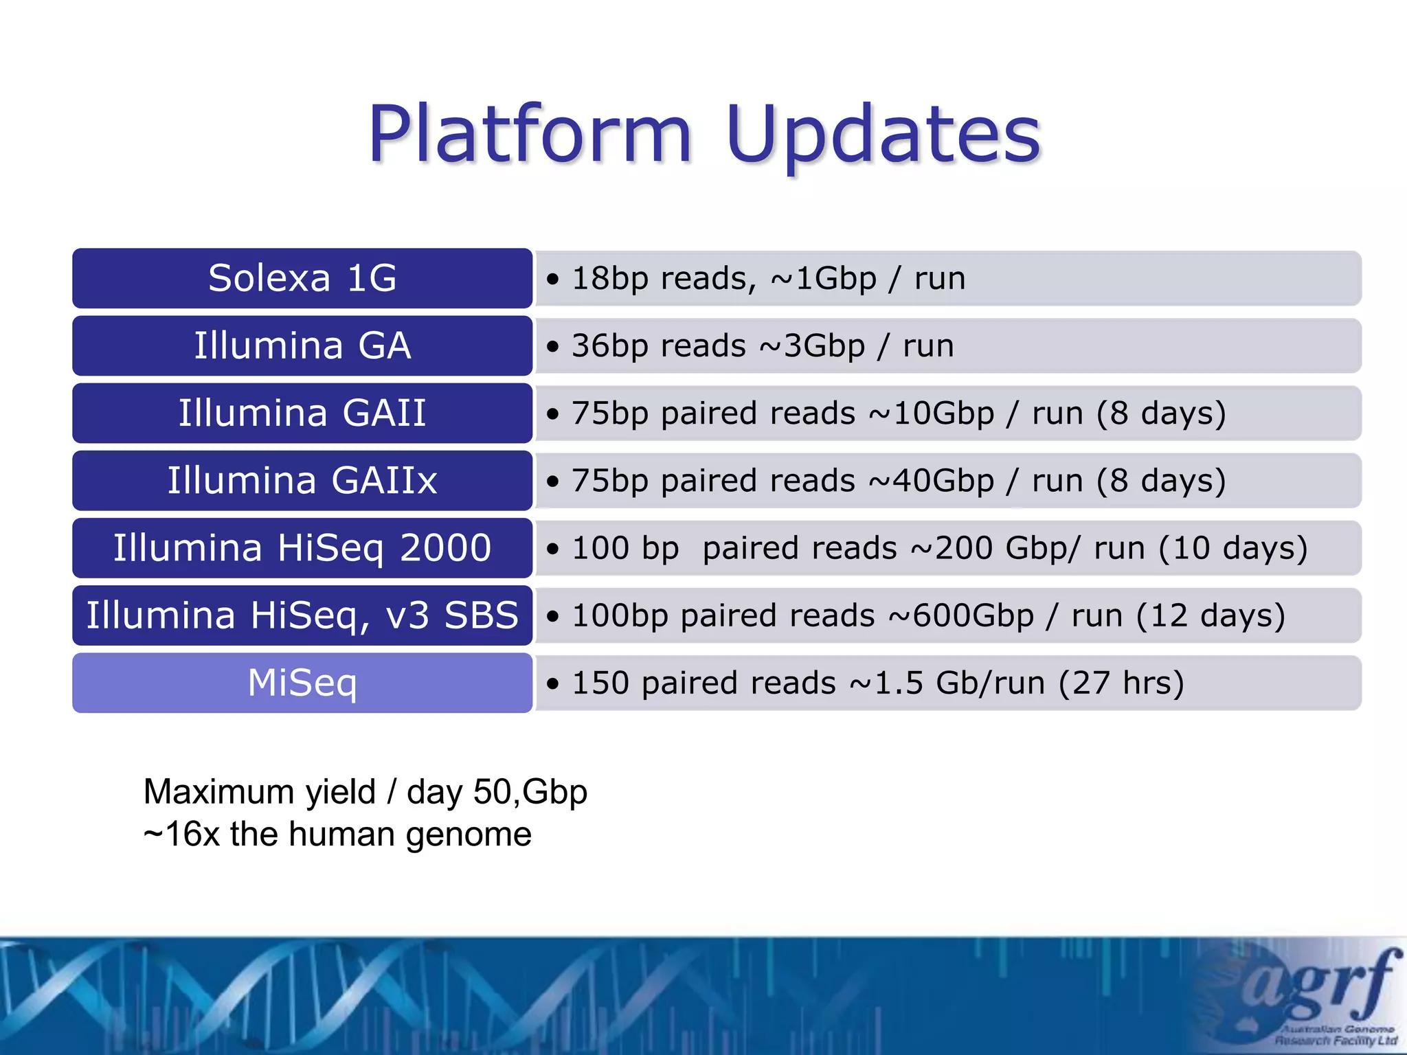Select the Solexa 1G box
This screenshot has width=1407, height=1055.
302,278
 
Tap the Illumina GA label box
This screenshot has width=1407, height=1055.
302,345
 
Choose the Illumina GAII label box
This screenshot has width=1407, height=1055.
302,413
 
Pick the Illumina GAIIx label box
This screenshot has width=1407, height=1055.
302,480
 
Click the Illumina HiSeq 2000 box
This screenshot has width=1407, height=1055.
302,547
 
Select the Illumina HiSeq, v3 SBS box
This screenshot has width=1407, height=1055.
302,615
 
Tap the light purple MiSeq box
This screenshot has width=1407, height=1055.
302,683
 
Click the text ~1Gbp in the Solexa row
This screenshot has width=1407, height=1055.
823,278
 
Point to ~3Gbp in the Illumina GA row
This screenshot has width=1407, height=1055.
811,345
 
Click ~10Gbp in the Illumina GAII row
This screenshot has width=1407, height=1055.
931,413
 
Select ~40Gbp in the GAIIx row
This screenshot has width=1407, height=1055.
931,480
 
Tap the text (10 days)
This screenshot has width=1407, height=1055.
1233,547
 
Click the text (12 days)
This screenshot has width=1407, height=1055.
1211,615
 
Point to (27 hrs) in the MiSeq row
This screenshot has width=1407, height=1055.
1121,683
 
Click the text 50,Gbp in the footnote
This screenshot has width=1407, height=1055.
530,792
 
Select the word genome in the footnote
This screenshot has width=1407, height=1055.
468,835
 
